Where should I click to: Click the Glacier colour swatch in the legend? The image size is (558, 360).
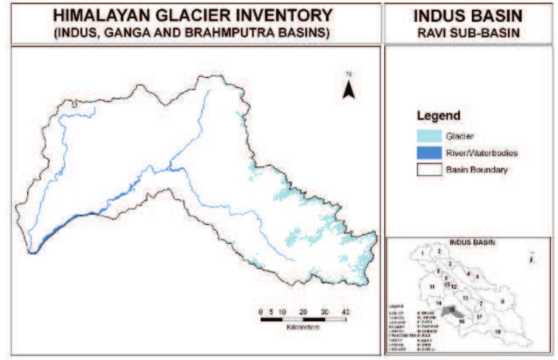coord(429,136)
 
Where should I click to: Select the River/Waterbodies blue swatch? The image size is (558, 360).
coord(429,153)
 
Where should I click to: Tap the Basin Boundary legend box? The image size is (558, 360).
coord(429,170)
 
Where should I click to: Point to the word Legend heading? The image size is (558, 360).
coord(438,116)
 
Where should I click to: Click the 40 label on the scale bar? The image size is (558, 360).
coord(346,312)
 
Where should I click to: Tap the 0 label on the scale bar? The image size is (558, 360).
coord(261,312)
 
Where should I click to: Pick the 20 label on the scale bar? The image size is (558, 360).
coord(303,312)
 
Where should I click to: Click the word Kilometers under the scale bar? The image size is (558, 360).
coord(303,327)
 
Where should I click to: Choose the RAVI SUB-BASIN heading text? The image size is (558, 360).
coord(468,33)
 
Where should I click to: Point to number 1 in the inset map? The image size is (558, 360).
coord(422,254)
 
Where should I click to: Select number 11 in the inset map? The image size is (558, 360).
coord(432,287)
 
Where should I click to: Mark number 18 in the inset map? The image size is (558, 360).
coord(497,332)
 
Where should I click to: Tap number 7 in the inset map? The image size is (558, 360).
coord(481,304)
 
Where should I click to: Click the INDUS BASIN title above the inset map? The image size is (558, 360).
coord(472,242)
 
